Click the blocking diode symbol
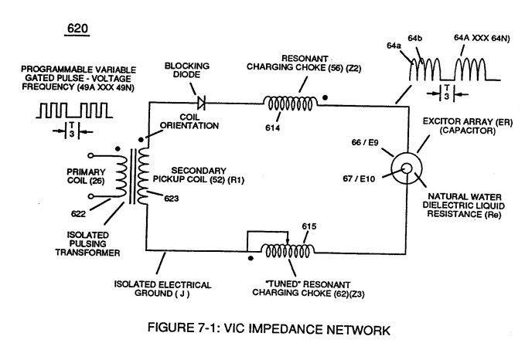pyautogui.click(x=201, y=103)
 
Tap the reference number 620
pyautogui.click(x=77, y=28)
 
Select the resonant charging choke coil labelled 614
pyautogui.click(x=290, y=103)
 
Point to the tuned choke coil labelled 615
pyautogui.click(x=288, y=250)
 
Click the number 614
pyautogui.click(x=272, y=127)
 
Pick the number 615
pyautogui.click(x=309, y=226)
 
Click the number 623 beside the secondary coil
pyautogui.click(x=171, y=199)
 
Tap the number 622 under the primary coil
pyautogui.click(x=78, y=214)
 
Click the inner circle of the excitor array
pyautogui.click(x=407, y=168)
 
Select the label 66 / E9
pyautogui.click(x=365, y=142)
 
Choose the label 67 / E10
pyautogui.click(x=359, y=179)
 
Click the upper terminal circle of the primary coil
pyautogui.click(x=90, y=155)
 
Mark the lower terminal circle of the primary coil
pyautogui.click(x=90, y=196)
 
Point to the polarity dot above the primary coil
pyautogui.click(x=118, y=149)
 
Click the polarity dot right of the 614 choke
pyautogui.click(x=325, y=97)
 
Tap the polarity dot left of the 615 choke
pyautogui.click(x=251, y=258)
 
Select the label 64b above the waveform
pyautogui.click(x=415, y=39)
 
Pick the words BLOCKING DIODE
pyautogui.click(x=187, y=70)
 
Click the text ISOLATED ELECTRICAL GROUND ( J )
pyautogui.click(x=162, y=289)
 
